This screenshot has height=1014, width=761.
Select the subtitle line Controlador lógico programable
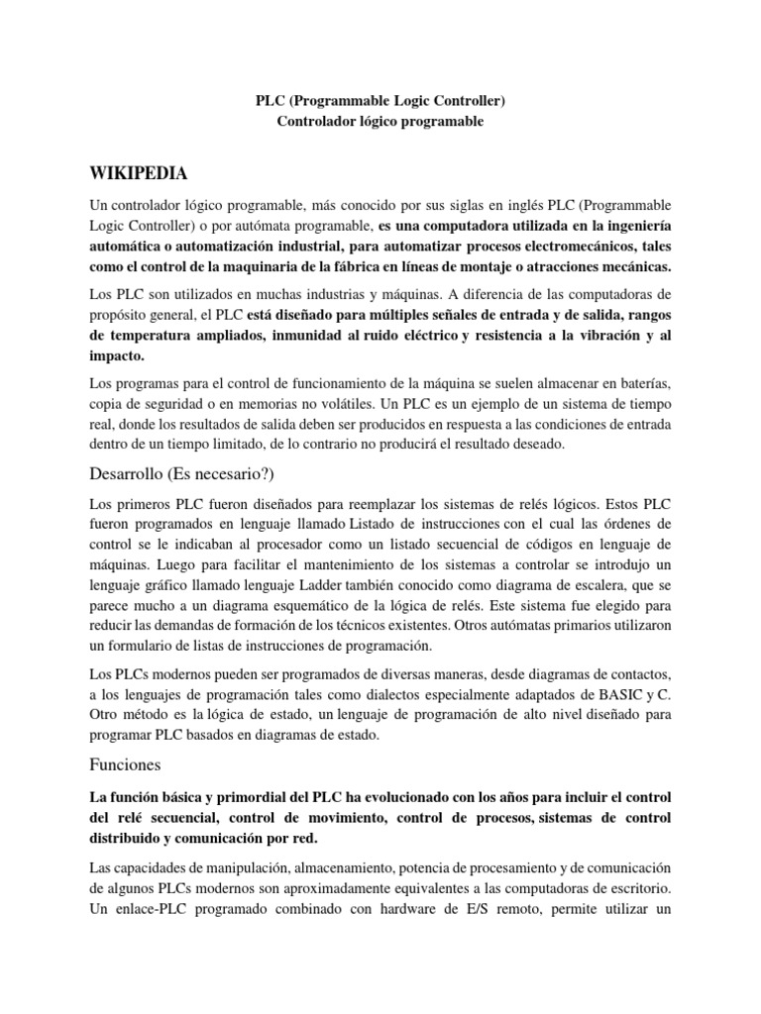click(x=380, y=121)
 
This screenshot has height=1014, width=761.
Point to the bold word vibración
click(x=597, y=336)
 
